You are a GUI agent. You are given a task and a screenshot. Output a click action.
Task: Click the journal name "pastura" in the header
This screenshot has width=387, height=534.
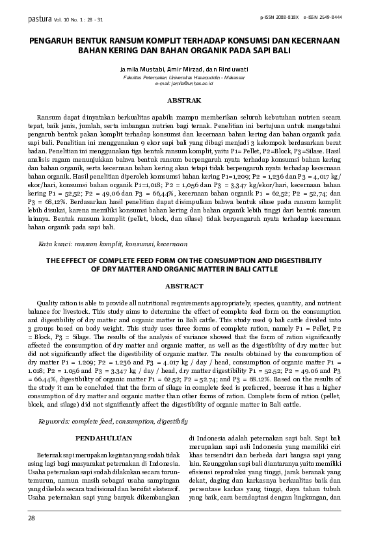pyautogui.click(x=38, y=19)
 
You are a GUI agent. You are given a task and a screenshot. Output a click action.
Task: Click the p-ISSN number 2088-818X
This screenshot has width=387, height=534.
pyautogui.click(x=288, y=17)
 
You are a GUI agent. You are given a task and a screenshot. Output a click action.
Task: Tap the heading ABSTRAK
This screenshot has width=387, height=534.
pyautogui.click(x=184, y=101)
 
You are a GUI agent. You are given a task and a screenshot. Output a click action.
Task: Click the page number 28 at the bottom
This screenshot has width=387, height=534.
pyautogui.click(x=31, y=518)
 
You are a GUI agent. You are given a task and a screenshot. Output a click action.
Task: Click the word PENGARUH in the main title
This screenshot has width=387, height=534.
pyautogui.click(x=53, y=39)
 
